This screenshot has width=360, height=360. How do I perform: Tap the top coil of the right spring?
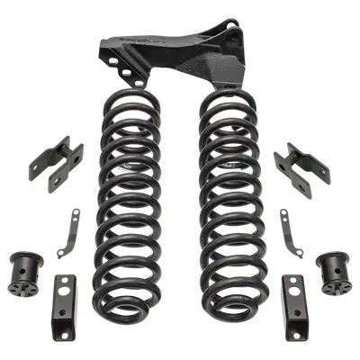(225, 97)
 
